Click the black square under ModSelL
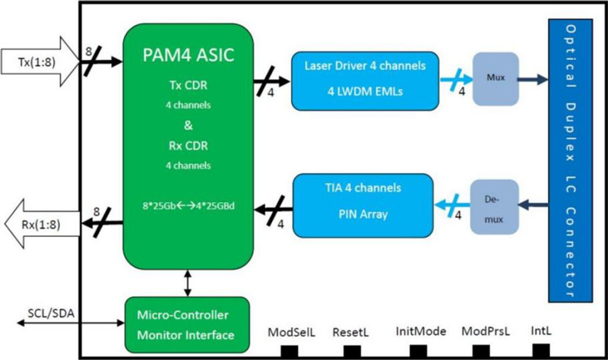pyautogui.click(x=290, y=352)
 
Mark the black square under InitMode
pyautogui.click(x=417, y=352)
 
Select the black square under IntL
pyautogui.click(x=540, y=351)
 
